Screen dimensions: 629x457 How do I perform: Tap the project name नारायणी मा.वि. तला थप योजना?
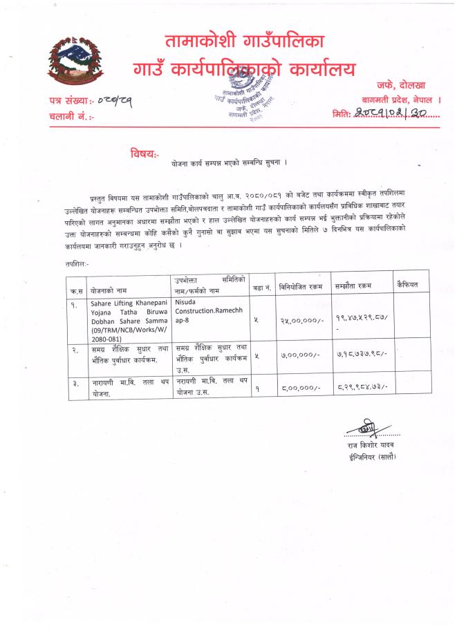coord(129,386)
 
